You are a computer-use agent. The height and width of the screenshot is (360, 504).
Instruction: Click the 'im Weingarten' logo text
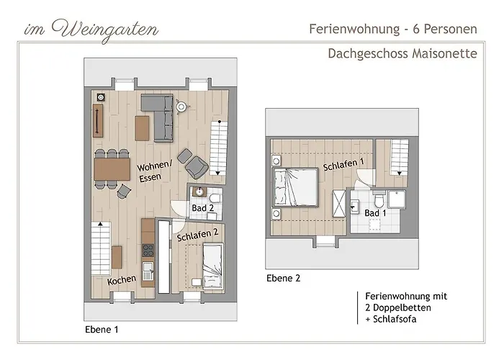[91, 30]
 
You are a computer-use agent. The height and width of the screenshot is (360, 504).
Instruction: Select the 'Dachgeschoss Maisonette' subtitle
[402, 53]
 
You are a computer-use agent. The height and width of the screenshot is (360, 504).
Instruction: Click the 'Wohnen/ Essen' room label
[155, 171]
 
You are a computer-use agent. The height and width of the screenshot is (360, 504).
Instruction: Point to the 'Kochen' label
[122, 280]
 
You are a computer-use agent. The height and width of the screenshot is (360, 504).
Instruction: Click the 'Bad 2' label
[203, 208]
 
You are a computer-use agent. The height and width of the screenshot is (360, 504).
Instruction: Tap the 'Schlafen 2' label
[197, 233]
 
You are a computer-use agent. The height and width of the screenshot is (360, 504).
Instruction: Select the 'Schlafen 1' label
[343, 164]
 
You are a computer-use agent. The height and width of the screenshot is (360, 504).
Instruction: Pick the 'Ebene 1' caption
[102, 329]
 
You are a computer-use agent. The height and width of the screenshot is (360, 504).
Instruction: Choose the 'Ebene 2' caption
[283, 278]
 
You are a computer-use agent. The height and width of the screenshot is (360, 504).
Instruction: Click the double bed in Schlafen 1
[295, 186]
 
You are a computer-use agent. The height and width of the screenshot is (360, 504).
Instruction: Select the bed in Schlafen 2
[213, 265]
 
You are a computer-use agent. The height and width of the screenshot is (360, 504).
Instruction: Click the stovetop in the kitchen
[149, 251]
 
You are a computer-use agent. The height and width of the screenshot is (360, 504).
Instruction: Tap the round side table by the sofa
[182, 107]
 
